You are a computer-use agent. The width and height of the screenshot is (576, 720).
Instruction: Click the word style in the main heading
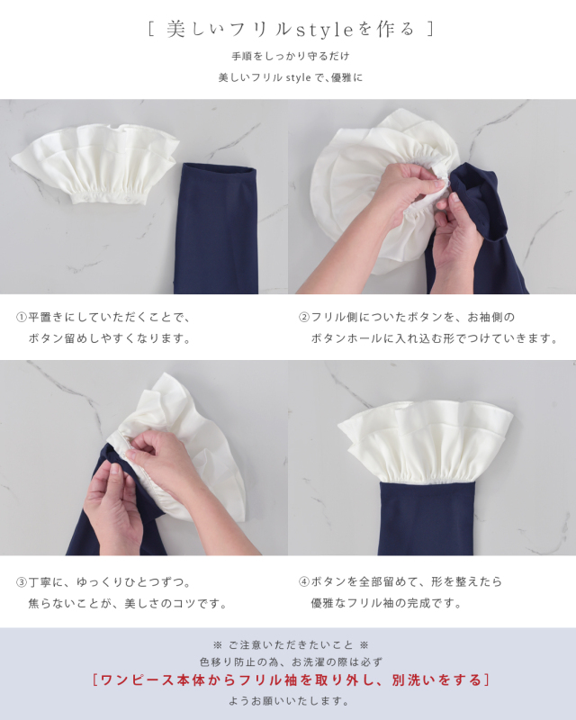[324, 31]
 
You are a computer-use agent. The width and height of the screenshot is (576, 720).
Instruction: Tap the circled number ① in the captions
[22, 318]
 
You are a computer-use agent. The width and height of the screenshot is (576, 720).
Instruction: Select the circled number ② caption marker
[304, 318]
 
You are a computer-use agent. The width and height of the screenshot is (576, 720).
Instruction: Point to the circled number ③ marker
[22, 582]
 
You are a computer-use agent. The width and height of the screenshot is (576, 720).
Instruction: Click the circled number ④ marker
[304, 581]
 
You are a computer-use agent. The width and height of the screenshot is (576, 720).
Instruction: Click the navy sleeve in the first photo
[216, 229]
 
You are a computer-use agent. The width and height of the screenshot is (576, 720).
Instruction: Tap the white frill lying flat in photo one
[95, 163]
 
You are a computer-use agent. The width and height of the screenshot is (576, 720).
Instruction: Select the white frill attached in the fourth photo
[425, 444]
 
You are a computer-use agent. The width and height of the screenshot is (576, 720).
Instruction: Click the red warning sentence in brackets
[291, 680]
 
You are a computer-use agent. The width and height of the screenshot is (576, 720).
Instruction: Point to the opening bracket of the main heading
[150, 30]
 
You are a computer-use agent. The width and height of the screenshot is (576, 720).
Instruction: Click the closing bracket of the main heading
[430, 30]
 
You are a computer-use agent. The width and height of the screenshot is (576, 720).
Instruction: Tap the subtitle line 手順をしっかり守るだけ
[291, 57]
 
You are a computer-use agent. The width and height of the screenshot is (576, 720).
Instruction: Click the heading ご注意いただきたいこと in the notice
[291, 645]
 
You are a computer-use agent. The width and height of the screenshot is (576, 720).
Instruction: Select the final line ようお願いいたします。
[289, 701]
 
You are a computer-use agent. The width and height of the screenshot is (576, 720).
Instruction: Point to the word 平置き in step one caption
[46, 318]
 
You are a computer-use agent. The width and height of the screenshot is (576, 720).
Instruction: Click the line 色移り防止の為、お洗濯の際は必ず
[291, 662]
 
